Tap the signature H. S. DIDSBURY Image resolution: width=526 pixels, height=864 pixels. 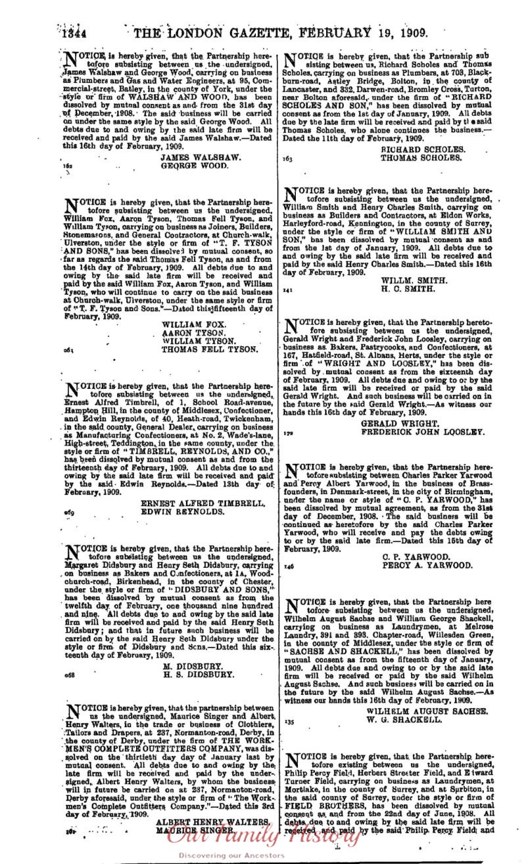198,674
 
